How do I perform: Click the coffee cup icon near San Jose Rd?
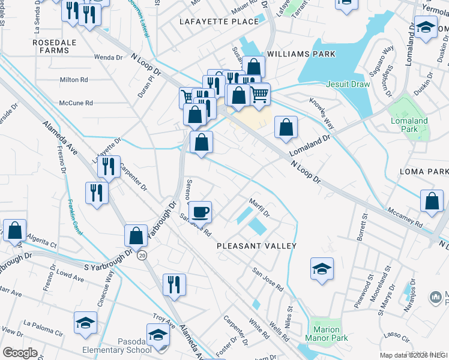201,211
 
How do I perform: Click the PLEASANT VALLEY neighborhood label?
257,246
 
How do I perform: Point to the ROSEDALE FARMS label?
51,46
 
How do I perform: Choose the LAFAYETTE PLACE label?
219,21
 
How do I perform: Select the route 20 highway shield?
142,255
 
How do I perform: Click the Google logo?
20,352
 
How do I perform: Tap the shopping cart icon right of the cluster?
259,94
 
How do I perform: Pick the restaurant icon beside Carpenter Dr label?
109,166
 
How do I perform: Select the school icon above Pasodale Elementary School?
158,334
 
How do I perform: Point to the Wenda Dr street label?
108,58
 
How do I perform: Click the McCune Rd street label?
76,103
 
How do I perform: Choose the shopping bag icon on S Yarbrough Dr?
136,235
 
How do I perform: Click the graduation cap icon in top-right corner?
426,27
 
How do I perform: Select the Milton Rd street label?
74,79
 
